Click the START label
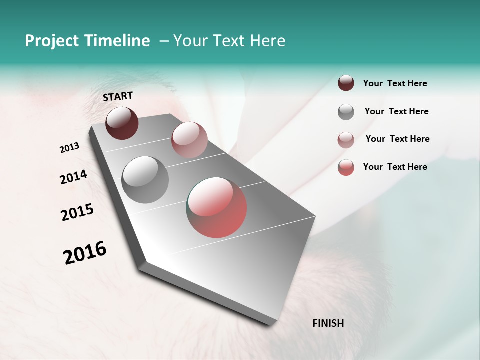point(118,96)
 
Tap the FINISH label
point(328,323)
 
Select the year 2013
point(70,148)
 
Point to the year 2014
point(73,177)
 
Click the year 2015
point(77,212)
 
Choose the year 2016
point(85,252)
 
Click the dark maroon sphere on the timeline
point(122,123)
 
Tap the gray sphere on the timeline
point(145,179)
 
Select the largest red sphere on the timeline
point(217,207)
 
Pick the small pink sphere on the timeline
point(189,140)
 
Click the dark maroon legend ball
point(346,83)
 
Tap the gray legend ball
point(346,112)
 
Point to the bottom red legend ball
point(346,167)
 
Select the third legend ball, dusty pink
point(346,139)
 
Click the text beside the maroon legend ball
point(395,83)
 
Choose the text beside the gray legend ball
point(396,111)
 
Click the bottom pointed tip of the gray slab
point(270,325)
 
